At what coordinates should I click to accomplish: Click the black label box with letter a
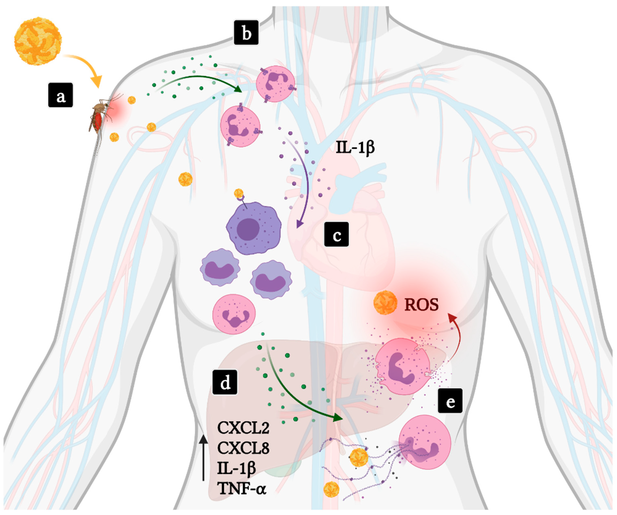(61, 95)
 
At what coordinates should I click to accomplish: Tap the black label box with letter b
(246, 33)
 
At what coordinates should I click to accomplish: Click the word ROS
(421, 305)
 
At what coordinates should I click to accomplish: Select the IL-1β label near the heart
(355, 147)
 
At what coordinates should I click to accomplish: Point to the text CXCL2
(243, 428)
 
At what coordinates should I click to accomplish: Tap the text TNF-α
(242, 489)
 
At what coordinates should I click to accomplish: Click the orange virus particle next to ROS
(385, 302)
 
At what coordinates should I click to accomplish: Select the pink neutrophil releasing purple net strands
(425, 443)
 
